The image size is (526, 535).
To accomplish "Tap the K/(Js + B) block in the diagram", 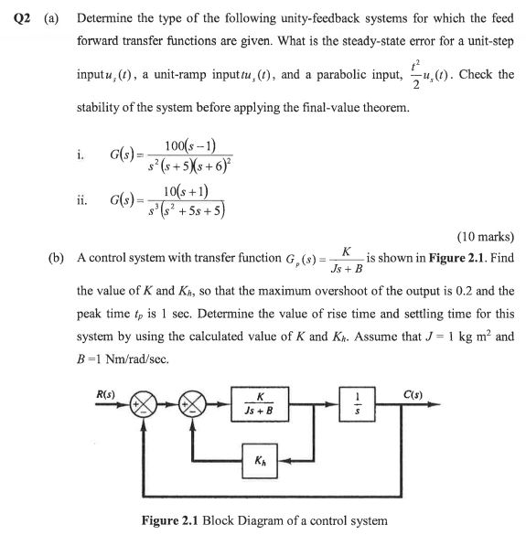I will coord(263,403).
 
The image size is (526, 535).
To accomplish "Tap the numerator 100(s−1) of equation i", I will coord(192,145).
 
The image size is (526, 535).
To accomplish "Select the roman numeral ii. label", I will coord(83,199).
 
